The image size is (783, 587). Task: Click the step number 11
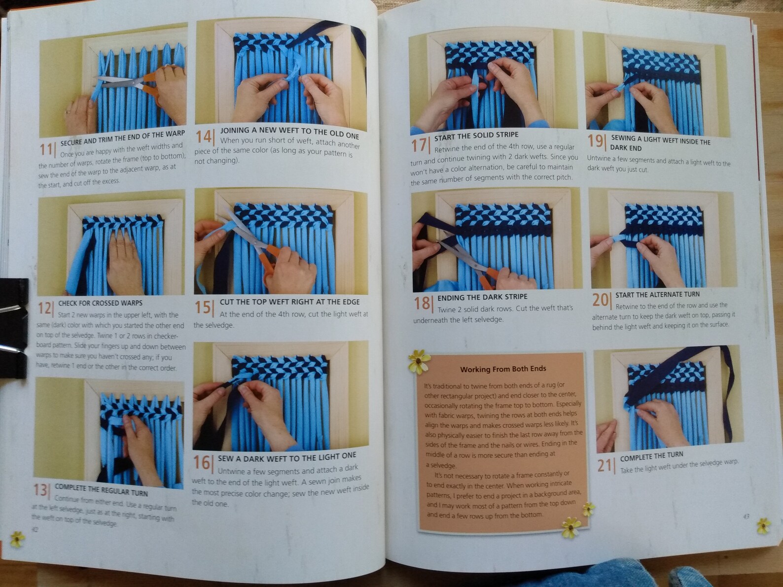[46, 149]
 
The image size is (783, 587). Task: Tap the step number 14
[204, 136]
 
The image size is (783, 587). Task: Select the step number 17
[419, 145]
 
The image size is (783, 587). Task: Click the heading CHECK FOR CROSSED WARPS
[100, 303]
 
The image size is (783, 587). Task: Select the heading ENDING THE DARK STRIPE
[482, 297]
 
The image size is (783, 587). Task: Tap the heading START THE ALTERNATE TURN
[657, 295]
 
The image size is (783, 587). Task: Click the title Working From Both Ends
[503, 369]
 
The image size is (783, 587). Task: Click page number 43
[746, 516]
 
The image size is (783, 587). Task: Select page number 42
[35, 530]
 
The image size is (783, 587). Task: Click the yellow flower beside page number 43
[763, 525]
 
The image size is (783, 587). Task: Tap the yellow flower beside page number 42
[17, 539]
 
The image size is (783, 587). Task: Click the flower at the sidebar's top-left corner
[419, 361]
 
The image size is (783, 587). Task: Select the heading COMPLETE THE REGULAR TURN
[101, 490]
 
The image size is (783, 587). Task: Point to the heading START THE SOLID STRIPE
[476, 135]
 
